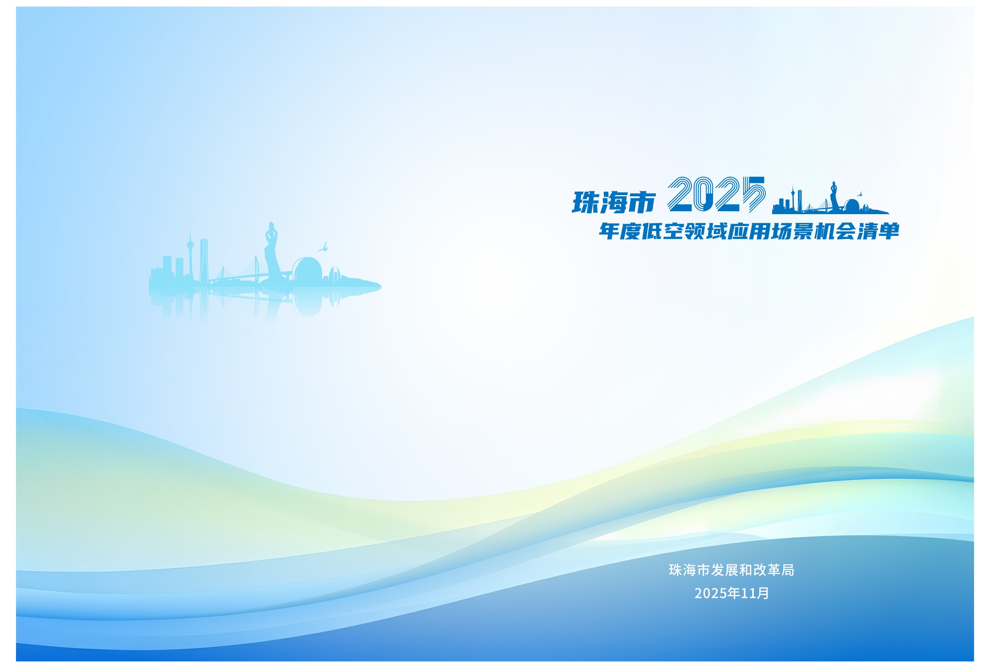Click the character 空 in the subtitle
(673, 231)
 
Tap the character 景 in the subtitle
(803, 231)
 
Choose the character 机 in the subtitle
(825, 231)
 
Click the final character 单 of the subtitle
(889, 231)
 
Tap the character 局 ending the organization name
(788, 570)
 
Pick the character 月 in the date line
(763, 593)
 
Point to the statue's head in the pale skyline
(271, 225)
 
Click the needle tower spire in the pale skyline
(190, 236)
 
